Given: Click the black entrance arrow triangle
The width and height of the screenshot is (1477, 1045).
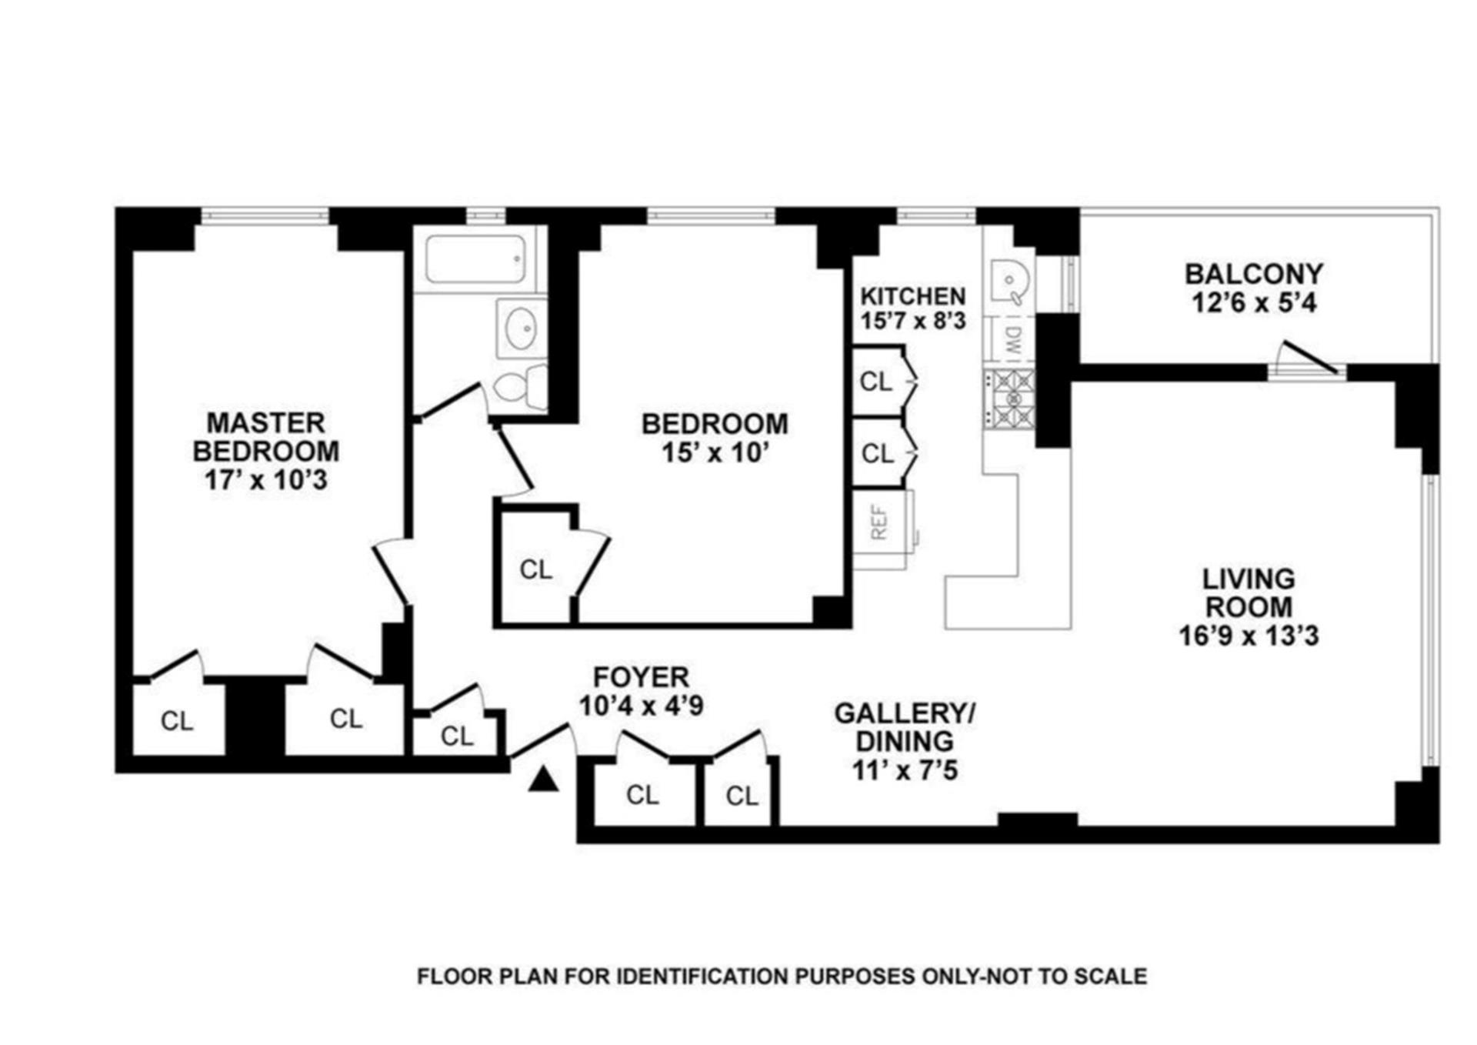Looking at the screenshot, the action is (544, 780).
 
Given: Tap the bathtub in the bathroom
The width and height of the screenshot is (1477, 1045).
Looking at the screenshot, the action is (476, 259).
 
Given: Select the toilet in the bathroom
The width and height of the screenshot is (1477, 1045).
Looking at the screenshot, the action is (520, 387).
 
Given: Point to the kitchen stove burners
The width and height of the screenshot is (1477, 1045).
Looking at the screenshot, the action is (1009, 398).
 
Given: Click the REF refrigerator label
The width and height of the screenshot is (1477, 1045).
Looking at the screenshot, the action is (880, 522).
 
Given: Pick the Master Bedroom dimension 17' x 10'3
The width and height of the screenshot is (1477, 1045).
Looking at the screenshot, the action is (266, 480).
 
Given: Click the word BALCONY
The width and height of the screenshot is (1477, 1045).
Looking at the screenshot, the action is (1253, 274).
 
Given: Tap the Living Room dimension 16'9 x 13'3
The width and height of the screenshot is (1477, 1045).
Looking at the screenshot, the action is (1249, 636).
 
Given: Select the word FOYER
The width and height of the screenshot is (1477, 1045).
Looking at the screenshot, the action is (641, 677).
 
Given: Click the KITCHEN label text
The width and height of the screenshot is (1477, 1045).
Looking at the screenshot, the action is (912, 296).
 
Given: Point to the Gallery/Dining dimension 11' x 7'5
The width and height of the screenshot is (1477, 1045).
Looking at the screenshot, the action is (905, 770).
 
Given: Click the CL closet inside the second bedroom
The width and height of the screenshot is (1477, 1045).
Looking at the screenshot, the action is (535, 569).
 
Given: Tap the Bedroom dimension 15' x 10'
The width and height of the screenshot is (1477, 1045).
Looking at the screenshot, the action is (715, 452).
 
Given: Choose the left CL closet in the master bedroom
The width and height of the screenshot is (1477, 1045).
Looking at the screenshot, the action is (177, 721).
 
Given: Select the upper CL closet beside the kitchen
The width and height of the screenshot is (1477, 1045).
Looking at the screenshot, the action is (876, 381).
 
